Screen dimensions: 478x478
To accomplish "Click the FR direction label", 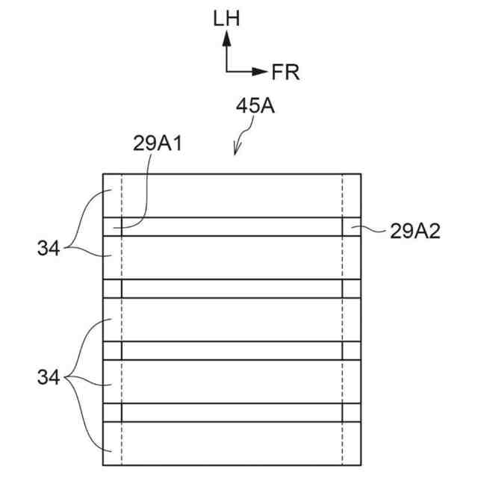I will tap(285, 72).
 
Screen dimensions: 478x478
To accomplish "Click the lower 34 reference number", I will tap(48, 378).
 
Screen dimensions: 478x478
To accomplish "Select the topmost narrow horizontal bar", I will tap(232, 227).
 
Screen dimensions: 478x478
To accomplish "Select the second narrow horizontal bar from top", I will tap(232, 288).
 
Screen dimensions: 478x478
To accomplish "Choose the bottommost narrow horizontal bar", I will tap(232, 412).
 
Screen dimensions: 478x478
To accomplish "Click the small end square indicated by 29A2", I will tap(352, 227).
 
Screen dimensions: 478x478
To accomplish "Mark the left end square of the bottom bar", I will tap(112, 412).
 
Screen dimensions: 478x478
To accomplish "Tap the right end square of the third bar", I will tap(352, 350).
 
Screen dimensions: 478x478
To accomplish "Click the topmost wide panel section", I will tap(232, 196).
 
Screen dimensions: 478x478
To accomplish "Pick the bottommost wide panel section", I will tap(232, 444).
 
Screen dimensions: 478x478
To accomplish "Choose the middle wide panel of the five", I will tap(232, 320).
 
